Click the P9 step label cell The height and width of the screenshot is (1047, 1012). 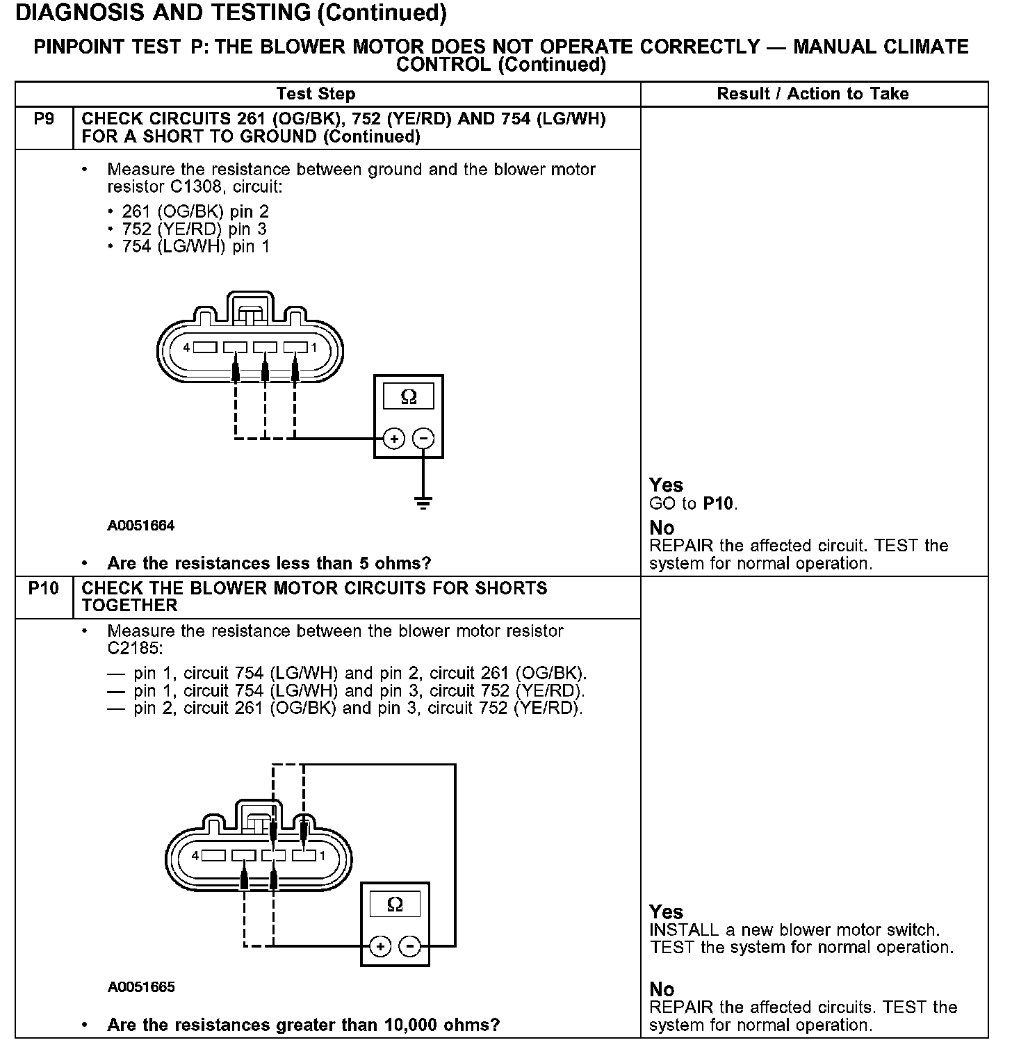click(44, 120)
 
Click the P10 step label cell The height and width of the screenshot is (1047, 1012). click(44, 589)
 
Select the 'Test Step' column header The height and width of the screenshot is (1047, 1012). click(316, 94)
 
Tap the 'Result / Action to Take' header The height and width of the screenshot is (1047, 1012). click(813, 94)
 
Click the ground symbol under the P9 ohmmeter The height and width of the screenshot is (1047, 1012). click(423, 502)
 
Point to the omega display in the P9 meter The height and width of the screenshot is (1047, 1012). click(409, 397)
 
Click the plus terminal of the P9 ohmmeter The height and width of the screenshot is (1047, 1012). click(394, 439)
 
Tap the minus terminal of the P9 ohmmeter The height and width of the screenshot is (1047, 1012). click(423, 439)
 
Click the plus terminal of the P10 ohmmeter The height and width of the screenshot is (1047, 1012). click(380, 946)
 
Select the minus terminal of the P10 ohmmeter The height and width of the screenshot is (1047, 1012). click(410, 946)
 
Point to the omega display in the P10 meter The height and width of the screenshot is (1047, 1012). click(395, 904)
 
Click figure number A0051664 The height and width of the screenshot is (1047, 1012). click(141, 526)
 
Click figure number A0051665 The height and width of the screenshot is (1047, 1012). click(141, 987)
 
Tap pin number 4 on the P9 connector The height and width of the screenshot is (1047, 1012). click(186, 347)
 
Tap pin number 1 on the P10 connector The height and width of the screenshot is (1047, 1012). click(323, 855)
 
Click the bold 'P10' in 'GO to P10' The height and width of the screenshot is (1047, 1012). click(719, 503)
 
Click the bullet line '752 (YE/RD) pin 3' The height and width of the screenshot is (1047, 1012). click(194, 229)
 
